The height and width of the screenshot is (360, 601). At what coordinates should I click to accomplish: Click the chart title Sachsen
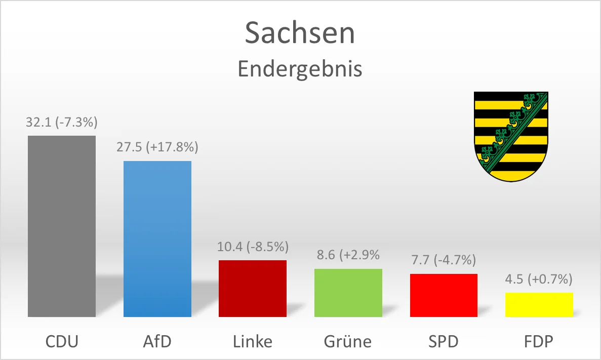(x=300, y=33)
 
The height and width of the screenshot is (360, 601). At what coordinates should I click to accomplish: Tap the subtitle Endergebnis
(x=300, y=69)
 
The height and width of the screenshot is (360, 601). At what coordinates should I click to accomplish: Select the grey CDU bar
(x=62, y=226)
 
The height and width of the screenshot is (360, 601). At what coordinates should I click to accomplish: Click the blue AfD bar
(x=157, y=238)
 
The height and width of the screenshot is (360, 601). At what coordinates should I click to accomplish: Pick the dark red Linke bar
(x=253, y=288)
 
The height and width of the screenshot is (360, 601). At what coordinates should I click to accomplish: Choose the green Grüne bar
(x=348, y=293)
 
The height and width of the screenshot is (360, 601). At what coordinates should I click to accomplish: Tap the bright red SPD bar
(x=444, y=295)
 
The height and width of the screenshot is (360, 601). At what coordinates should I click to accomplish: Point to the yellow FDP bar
(x=539, y=304)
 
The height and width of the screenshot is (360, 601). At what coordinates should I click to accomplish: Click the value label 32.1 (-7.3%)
(x=62, y=123)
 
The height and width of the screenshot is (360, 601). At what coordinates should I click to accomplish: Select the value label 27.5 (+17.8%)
(x=157, y=148)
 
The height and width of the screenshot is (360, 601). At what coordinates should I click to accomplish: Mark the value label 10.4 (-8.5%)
(x=253, y=247)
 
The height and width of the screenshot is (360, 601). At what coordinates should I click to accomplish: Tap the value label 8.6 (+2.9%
(x=348, y=255)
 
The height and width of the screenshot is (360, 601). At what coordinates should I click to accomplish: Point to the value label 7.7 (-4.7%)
(x=444, y=261)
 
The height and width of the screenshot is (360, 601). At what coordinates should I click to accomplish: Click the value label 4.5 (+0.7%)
(x=539, y=279)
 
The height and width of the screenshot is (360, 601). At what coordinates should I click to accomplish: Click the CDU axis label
(x=62, y=341)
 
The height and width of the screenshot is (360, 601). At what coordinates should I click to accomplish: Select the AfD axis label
(x=157, y=341)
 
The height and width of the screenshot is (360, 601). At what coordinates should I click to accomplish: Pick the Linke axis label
(x=253, y=341)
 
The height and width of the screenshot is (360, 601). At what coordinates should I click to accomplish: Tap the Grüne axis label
(x=348, y=341)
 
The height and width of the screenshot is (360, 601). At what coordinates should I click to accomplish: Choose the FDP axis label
(x=539, y=341)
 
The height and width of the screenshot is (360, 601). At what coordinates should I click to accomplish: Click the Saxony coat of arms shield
(x=511, y=135)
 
